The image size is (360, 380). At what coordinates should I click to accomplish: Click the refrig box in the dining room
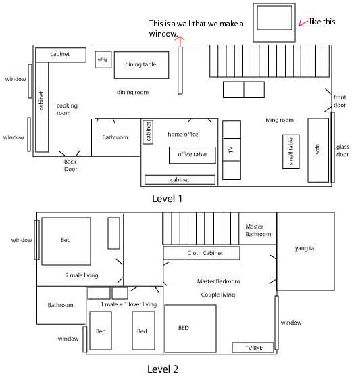pos(103,60)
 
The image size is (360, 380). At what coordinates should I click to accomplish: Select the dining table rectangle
pos(140,65)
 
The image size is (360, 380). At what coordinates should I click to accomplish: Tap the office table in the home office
pos(192,155)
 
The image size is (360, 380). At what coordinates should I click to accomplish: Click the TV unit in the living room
pos(231,150)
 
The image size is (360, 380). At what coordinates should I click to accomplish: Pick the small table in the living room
pos(292,151)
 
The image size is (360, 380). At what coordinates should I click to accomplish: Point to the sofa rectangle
pos(317,149)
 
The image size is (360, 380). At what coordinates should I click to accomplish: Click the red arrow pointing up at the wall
pos(180,41)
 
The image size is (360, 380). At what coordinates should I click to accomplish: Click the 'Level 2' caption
pos(163,369)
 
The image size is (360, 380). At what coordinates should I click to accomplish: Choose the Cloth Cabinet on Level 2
pos(202,253)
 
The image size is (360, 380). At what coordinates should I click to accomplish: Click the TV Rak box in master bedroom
pos(252,348)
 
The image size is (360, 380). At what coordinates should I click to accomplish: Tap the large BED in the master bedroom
pos(190,328)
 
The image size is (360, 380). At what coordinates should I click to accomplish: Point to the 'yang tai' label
pos(305,248)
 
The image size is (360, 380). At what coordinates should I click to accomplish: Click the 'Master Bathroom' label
pos(257,231)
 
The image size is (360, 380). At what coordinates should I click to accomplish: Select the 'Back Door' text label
pos(70,166)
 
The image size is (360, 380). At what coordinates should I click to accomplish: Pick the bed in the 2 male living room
pos(66,241)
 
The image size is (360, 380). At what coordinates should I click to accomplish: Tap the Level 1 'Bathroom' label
pos(115,137)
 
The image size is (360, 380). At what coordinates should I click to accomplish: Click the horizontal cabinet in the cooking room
pos(59,54)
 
